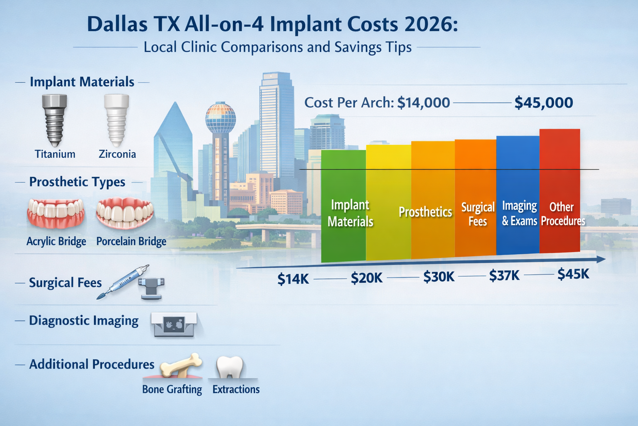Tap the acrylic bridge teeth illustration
tap(56, 213)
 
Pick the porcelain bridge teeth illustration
tap(125, 213)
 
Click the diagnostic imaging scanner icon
tap(174, 324)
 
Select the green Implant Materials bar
tap(344, 206)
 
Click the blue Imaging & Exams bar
tap(518, 196)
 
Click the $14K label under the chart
tap(293, 279)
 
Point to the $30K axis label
tap(439, 277)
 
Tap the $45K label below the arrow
tap(573, 274)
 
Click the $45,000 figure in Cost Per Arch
tap(543, 103)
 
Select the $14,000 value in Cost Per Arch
tap(423, 103)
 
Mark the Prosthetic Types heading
tap(77, 182)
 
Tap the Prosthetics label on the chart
tap(425, 212)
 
